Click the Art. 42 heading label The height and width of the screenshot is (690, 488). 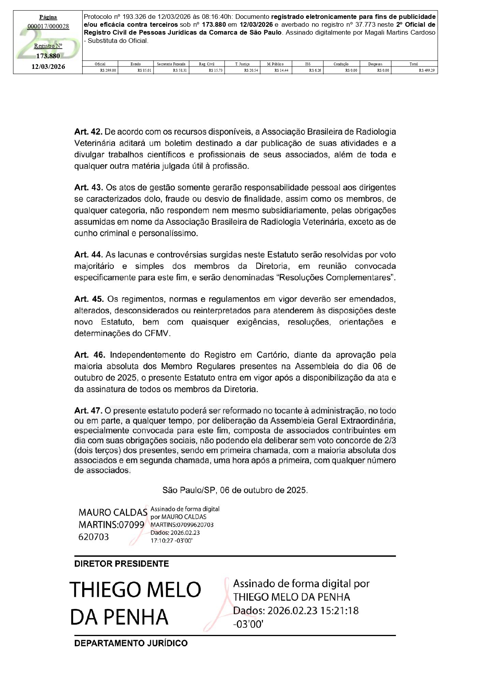tap(88, 132)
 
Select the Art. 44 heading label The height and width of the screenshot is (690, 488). tap(88, 255)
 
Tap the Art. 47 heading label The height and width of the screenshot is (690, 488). tap(88, 411)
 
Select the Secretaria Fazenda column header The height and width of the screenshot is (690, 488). tap(171, 64)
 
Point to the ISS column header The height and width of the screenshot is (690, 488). tap(308, 64)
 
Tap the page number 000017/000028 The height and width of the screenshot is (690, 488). tap(48, 26)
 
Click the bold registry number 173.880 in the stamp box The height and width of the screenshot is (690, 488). tap(48, 56)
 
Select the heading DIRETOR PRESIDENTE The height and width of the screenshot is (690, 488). tap(122, 564)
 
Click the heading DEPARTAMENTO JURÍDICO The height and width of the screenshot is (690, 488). tap(131, 643)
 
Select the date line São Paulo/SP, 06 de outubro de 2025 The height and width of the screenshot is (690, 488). tap(235, 490)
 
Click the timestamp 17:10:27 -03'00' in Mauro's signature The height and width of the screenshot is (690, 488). tap(171, 540)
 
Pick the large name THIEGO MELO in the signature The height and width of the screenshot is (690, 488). tap(135, 590)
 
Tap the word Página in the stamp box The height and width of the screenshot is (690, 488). tap(48, 17)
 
